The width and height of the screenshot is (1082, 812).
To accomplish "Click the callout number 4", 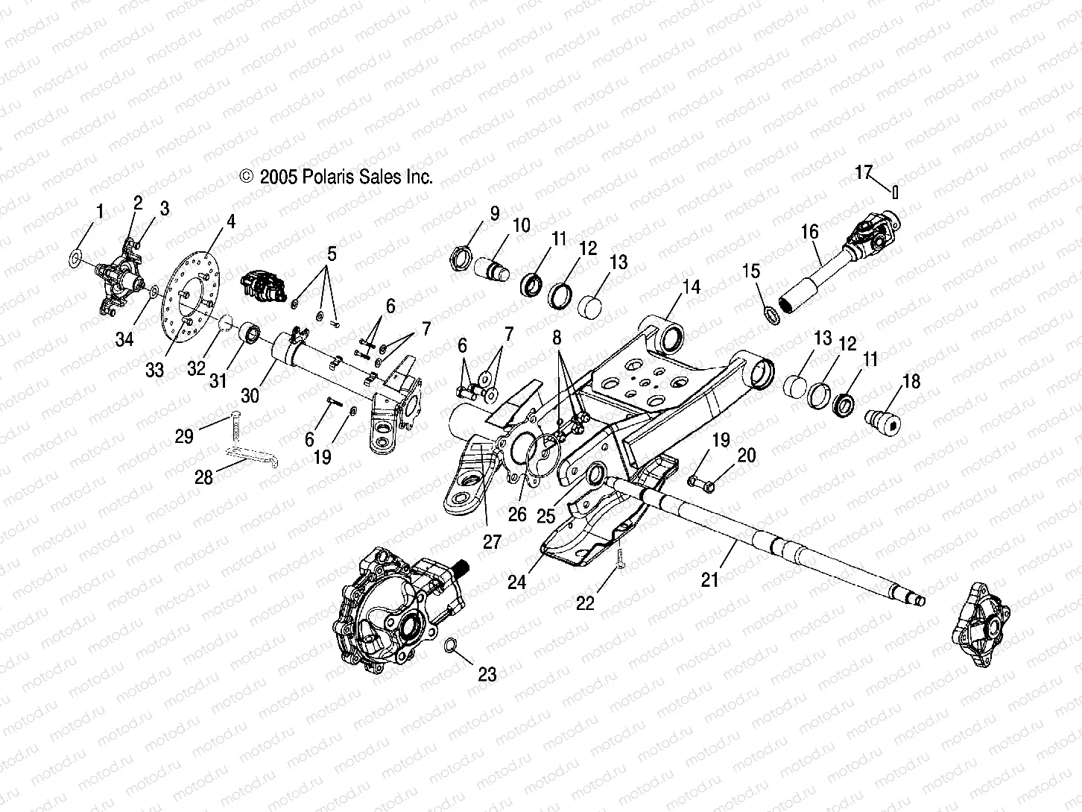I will coord(231,222).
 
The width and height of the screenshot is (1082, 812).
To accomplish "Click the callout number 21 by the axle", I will coord(710,579).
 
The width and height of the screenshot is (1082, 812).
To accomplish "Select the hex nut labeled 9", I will coord(460,261).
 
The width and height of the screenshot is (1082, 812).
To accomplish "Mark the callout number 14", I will coord(692,286).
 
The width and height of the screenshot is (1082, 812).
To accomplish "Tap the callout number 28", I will coord(203,477).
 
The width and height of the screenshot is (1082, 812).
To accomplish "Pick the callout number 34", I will coord(124,340).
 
